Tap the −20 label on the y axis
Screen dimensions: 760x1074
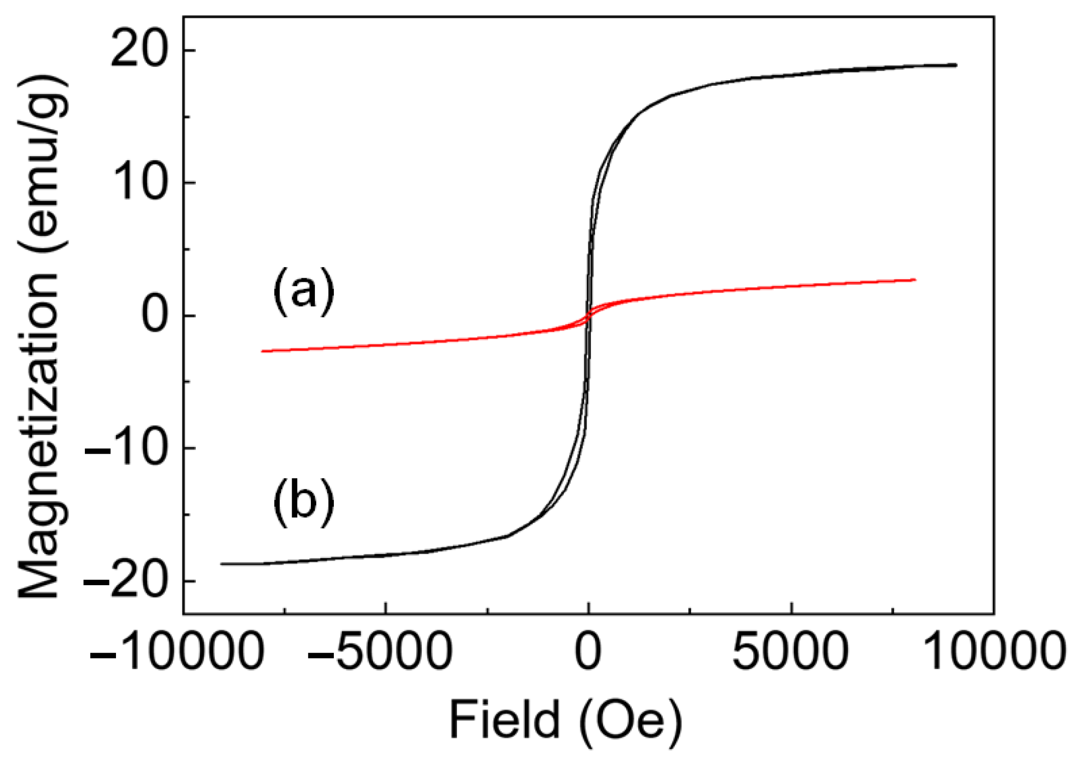pyautogui.click(x=126, y=581)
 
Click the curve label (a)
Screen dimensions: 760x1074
pyautogui.click(x=303, y=291)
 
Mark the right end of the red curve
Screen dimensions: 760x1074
pyautogui.click(x=915, y=279)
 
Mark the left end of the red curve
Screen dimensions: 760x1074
pyautogui.click(x=263, y=351)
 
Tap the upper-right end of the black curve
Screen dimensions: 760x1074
pyautogui.click(x=956, y=65)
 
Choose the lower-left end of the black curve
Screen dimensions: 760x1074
pyautogui.click(x=221, y=564)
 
